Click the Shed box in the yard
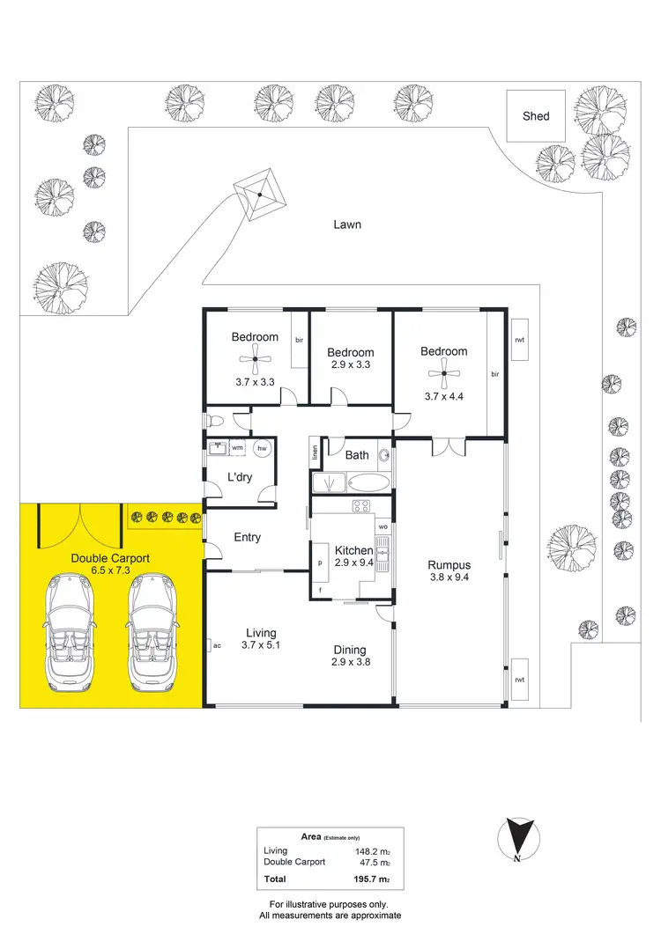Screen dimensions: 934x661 [x=536, y=115]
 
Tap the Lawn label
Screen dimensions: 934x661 [x=346, y=224]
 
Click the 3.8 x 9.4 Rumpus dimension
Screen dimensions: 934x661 [x=449, y=578]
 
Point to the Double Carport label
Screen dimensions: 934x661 [x=110, y=558]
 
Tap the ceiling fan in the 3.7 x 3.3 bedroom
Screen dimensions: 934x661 [x=255, y=358]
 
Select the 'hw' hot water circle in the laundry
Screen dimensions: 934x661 [x=262, y=448]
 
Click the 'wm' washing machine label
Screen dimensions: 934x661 [x=237, y=448]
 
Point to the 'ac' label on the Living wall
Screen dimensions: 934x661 [x=216, y=646]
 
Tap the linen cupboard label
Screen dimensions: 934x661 [x=315, y=453]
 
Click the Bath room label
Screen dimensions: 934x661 [x=357, y=455]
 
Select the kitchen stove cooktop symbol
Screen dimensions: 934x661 [x=361, y=505]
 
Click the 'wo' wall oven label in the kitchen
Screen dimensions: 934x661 [x=382, y=526]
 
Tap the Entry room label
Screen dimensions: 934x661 [x=247, y=538]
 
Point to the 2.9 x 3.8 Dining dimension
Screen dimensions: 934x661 [x=350, y=662]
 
